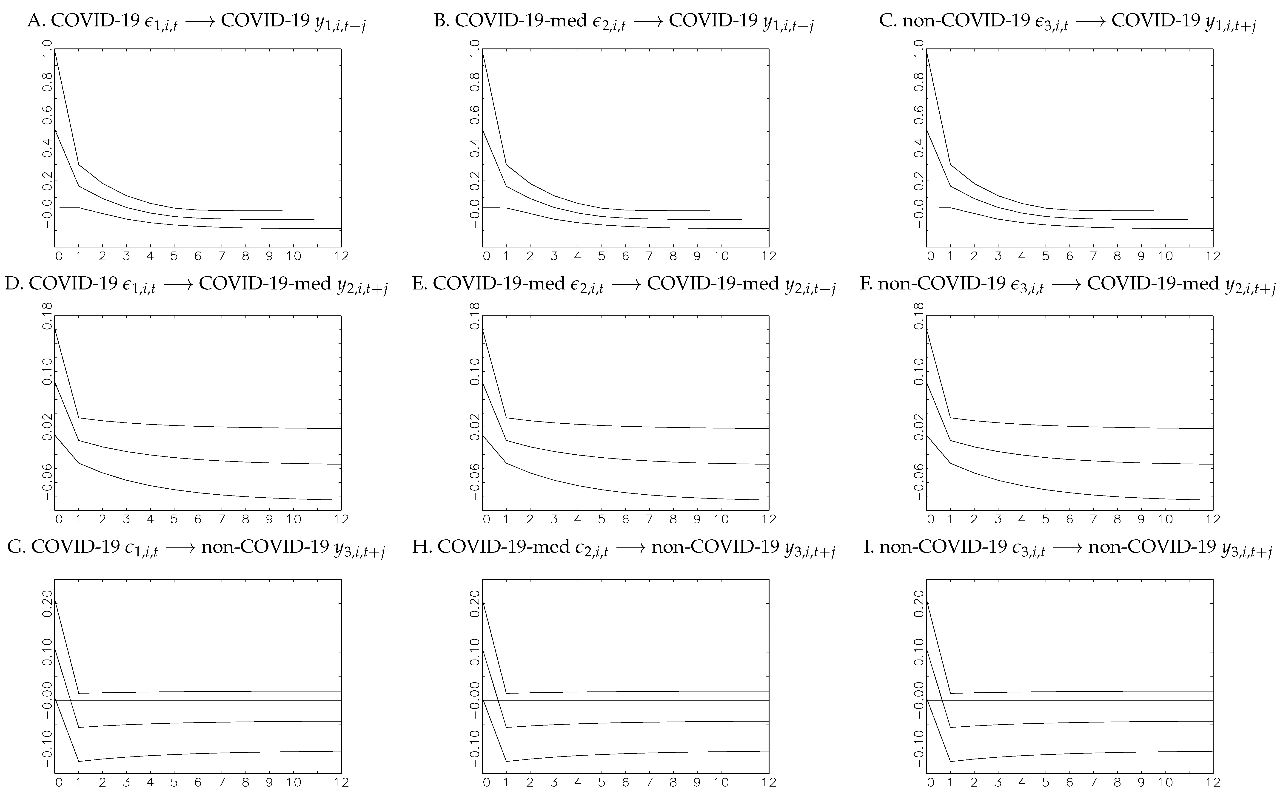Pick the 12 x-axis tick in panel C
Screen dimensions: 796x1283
coord(1213,256)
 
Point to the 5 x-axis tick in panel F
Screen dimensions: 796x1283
coord(1046,520)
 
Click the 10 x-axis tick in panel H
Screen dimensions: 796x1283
coord(721,783)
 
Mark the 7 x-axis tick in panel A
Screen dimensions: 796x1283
coord(222,256)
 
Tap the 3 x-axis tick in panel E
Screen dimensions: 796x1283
coord(553,520)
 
